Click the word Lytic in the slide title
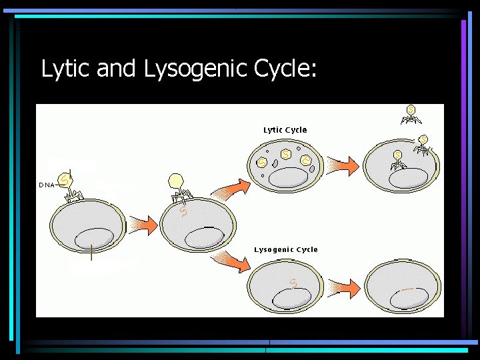pyautogui.click(x=66, y=69)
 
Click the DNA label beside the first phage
pyautogui.click(x=47, y=185)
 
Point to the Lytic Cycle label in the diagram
pyautogui.click(x=285, y=130)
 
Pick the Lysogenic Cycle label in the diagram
pyautogui.click(x=285, y=249)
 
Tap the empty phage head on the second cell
pyautogui.click(x=176, y=181)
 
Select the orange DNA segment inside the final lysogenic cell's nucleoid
pyautogui.click(x=407, y=289)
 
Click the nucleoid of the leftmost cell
pyautogui.click(x=94, y=238)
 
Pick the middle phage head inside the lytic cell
pyautogui.click(x=285, y=155)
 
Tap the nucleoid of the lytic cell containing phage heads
pyautogui.click(x=288, y=177)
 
